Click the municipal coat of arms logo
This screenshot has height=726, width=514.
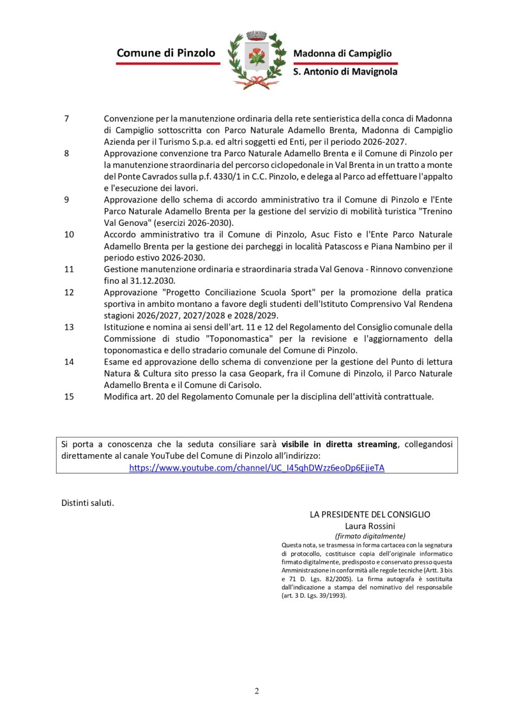[x=257, y=59]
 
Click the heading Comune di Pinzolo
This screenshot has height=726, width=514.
[x=166, y=53]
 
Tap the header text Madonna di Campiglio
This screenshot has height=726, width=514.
[x=342, y=54]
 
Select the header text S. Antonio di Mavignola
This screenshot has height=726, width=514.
[x=345, y=71]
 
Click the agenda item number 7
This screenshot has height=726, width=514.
[x=67, y=118]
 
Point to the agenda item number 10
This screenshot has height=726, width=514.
[x=69, y=235]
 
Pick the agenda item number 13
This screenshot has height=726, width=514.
[x=69, y=327]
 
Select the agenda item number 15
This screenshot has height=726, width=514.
[x=69, y=397]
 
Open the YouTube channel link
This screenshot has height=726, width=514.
[x=256, y=468]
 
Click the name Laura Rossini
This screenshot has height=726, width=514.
[x=370, y=526]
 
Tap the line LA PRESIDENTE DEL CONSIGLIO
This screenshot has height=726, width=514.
[x=370, y=515]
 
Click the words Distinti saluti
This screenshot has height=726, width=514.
[x=88, y=503]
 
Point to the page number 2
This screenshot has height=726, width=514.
[x=257, y=691]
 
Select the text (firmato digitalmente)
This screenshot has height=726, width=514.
[x=370, y=536]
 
